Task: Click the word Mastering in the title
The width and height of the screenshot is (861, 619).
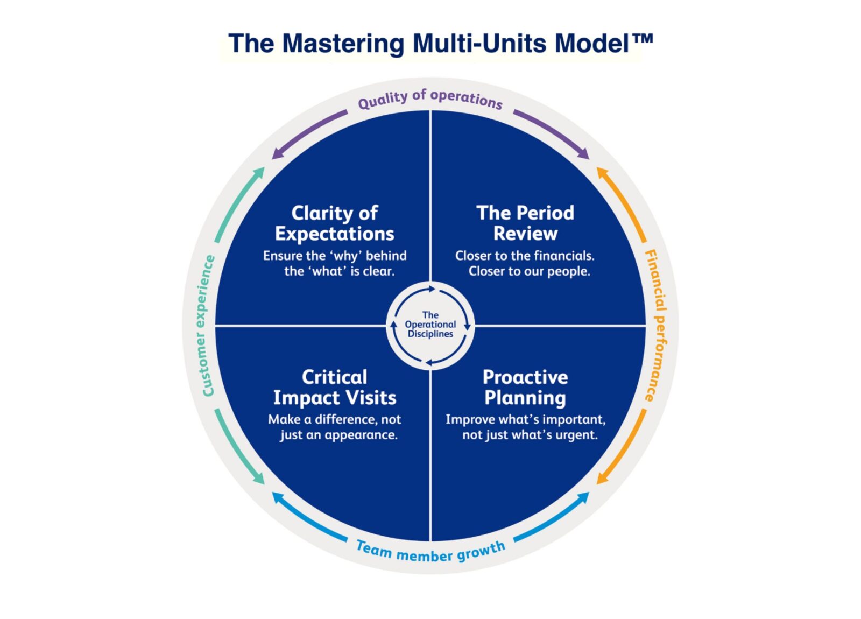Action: click(343, 44)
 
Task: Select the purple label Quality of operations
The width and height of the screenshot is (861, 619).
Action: click(430, 99)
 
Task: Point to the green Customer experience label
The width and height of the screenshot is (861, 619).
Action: click(207, 326)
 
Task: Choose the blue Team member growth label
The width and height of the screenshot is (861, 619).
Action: click(430, 552)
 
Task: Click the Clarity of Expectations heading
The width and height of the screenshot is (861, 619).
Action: click(334, 223)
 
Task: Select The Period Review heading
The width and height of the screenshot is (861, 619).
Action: click(525, 223)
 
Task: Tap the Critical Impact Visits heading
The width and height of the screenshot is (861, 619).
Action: click(334, 387)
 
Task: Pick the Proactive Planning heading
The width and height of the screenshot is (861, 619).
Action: click(525, 387)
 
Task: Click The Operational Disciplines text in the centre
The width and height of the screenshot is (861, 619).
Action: click(430, 325)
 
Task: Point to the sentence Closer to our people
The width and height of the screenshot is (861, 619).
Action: click(529, 271)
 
